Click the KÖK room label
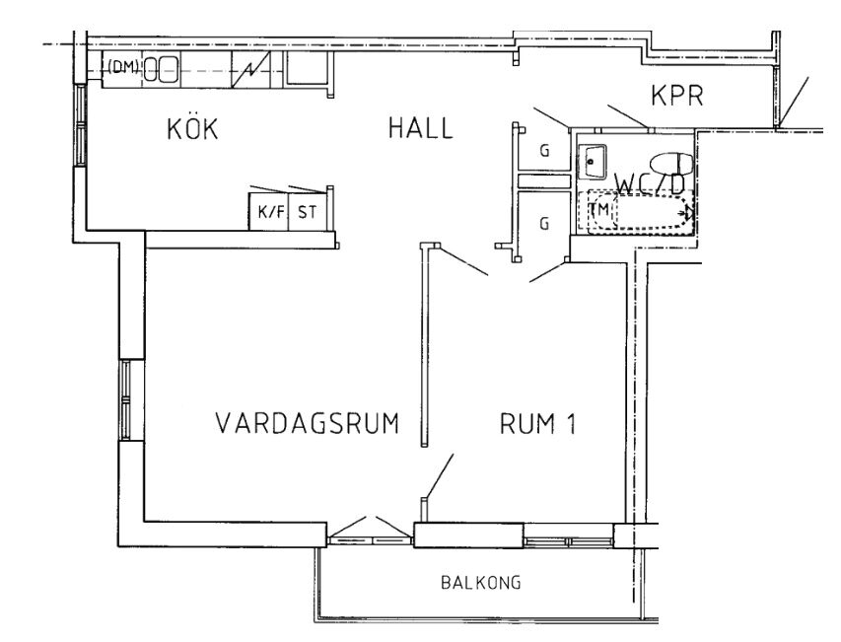point(192,128)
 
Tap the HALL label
point(421,129)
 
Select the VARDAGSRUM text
point(308,423)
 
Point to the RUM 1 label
point(538,423)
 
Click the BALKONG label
point(481,583)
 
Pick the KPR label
point(677,96)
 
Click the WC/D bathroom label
point(650,184)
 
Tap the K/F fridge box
point(269,212)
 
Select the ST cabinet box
point(308,212)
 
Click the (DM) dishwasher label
point(123,66)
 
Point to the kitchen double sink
point(162,69)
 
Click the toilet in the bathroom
point(671,163)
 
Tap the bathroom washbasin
point(592,161)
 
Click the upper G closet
point(544,151)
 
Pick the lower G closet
point(544,222)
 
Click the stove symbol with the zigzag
point(250,69)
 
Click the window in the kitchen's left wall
point(80,125)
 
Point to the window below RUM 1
point(569,541)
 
